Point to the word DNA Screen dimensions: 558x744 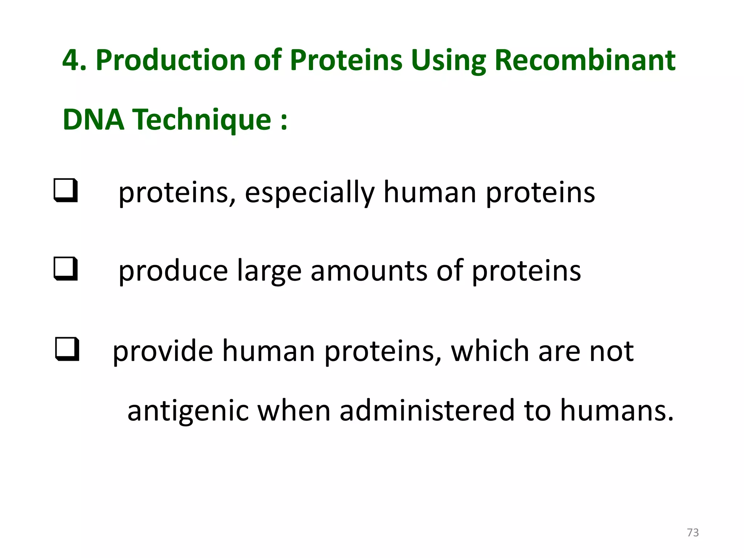(93, 120)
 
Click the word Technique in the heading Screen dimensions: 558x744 (201, 120)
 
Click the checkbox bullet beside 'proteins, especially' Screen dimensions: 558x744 (66, 190)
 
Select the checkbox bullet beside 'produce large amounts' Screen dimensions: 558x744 (66, 268)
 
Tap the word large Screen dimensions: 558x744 (269, 271)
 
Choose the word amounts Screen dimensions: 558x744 (369, 271)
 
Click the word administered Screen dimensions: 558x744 (427, 410)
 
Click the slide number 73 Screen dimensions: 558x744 (693, 533)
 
